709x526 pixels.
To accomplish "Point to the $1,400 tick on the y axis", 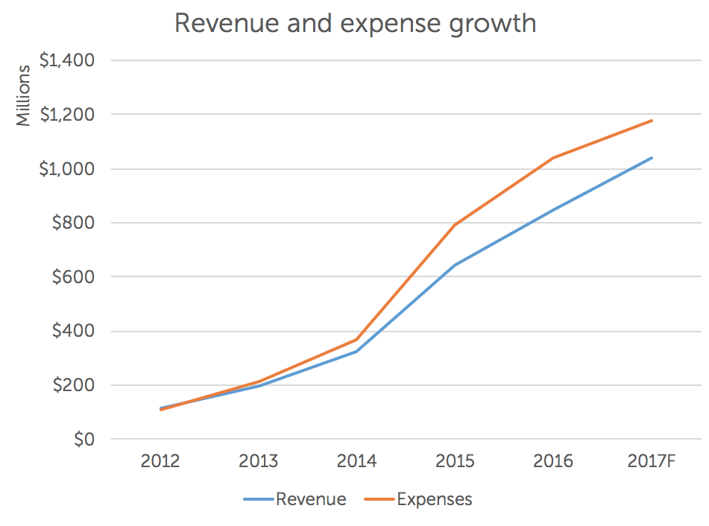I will click(x=66, y=60).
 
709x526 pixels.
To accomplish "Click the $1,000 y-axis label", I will click(x=66, y=169).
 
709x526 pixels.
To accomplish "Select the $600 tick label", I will click(x=73, y=277).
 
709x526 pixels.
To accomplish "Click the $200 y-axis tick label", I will click(x=73, y=386).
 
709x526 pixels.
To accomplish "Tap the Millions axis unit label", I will click(x=24, y=95).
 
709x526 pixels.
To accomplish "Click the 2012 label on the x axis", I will click(x=160, y=461).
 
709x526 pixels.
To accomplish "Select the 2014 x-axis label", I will click(x=356, y=461).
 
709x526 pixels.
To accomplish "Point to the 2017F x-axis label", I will click(x=651, y=461).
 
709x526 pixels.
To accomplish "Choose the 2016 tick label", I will click(x=553, y=461).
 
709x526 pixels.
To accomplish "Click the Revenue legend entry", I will click(x=310, y=499).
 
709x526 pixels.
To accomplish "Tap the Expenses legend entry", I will click(x=434, y=499).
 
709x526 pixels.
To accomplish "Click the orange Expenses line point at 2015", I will click(x=455, y=224).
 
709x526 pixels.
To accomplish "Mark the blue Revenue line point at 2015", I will click(x=455, y=264).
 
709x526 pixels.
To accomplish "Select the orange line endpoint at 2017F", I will click(x=652, y=121).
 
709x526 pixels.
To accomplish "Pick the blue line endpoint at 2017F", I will click(x=652, y=158).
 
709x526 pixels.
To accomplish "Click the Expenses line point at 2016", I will click(x=553, y=158).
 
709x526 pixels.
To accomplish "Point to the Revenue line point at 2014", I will click(x=356, y=351).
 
